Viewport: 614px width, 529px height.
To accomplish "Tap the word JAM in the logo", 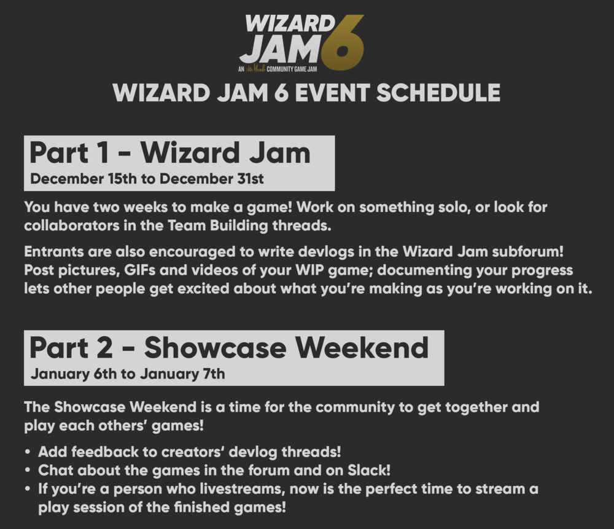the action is click(x=281, y=49).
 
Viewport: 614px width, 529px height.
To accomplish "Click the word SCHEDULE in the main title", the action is click(x=438, y=93).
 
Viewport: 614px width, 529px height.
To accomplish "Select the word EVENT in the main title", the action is click(x=332, y=93).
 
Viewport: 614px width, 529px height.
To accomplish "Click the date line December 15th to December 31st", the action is click(x=147, y=179).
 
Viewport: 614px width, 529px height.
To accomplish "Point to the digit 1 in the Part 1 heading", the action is click(x=103, y=153).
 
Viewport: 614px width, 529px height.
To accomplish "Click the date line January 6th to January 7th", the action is click(x=128, y=374).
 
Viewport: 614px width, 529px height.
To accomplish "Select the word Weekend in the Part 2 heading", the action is click(x=362, y=347).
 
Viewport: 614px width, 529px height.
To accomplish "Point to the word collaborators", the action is click(x=72, y=225).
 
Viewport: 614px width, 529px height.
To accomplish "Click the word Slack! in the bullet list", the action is click(x=369, y=470).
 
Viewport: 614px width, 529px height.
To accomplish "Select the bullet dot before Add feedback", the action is click(x=27, y=452).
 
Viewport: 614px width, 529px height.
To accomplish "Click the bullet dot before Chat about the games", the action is click(x=27, y=470).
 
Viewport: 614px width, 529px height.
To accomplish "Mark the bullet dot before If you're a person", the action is click(x=27, y=489).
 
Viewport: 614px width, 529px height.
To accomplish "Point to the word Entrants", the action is click(x=54, y=251).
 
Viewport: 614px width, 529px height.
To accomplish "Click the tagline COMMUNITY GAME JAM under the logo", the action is click(x=292, y=69).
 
